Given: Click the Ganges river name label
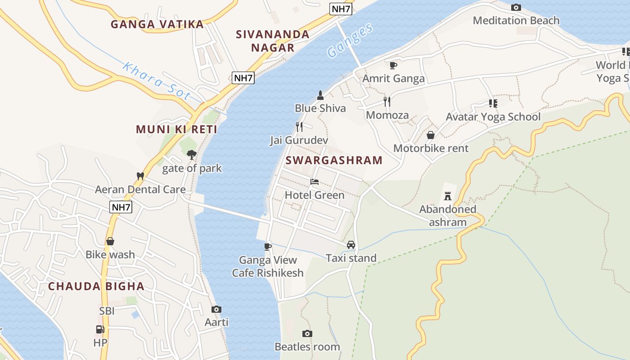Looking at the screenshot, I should (x=350, y=40).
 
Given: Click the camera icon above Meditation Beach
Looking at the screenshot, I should (x=516, y=7).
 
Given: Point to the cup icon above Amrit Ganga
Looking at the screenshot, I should (x=393, y=65).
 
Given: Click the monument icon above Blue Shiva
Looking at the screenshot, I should (x=320, y=95).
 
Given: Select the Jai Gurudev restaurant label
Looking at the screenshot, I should (x=299, y=140).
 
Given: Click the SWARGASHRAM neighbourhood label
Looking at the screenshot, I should (x=334, y=160).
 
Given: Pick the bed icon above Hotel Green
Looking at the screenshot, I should (x=315, y=182).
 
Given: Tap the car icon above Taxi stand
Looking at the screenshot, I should (x=351, y=245).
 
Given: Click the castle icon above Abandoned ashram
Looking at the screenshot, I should (x=447, y=196).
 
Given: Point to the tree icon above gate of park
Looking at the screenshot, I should (x=192, y=155).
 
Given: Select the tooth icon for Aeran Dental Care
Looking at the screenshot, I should (x=140, y=176).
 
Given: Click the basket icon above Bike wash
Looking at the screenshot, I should (x=110, y=241).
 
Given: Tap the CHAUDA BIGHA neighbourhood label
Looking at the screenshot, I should (x=96, y=286).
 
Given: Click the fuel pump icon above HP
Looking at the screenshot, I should (x=100, y=329).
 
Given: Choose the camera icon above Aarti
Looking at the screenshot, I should (x=216, y=309).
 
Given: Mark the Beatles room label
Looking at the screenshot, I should (x=307, y=346).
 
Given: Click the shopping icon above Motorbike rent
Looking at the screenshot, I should (x=431, y=135).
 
